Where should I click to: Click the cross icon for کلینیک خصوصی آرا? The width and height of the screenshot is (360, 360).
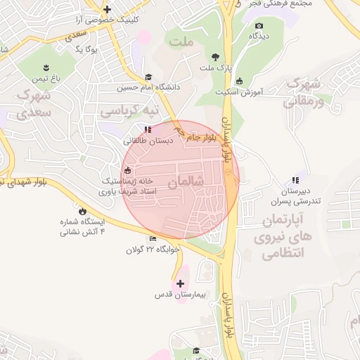click(x=107, y=10)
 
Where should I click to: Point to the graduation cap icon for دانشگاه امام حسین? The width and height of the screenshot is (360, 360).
click(x=148, y=77)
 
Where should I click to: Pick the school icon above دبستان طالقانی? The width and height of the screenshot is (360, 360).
click(x=147, y=129)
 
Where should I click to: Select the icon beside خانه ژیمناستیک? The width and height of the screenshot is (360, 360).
click(x=127, y=170)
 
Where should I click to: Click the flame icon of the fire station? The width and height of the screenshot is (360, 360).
click(x=82, y=210)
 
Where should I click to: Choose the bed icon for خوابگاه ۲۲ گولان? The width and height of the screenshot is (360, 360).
click(x=153, y=239)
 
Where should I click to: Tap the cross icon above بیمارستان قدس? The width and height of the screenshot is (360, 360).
click(x=181, y=283)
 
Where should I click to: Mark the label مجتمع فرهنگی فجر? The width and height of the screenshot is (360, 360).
click(x=269, y=4)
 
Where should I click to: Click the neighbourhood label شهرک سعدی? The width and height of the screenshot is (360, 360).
click(x=34, y=102)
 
